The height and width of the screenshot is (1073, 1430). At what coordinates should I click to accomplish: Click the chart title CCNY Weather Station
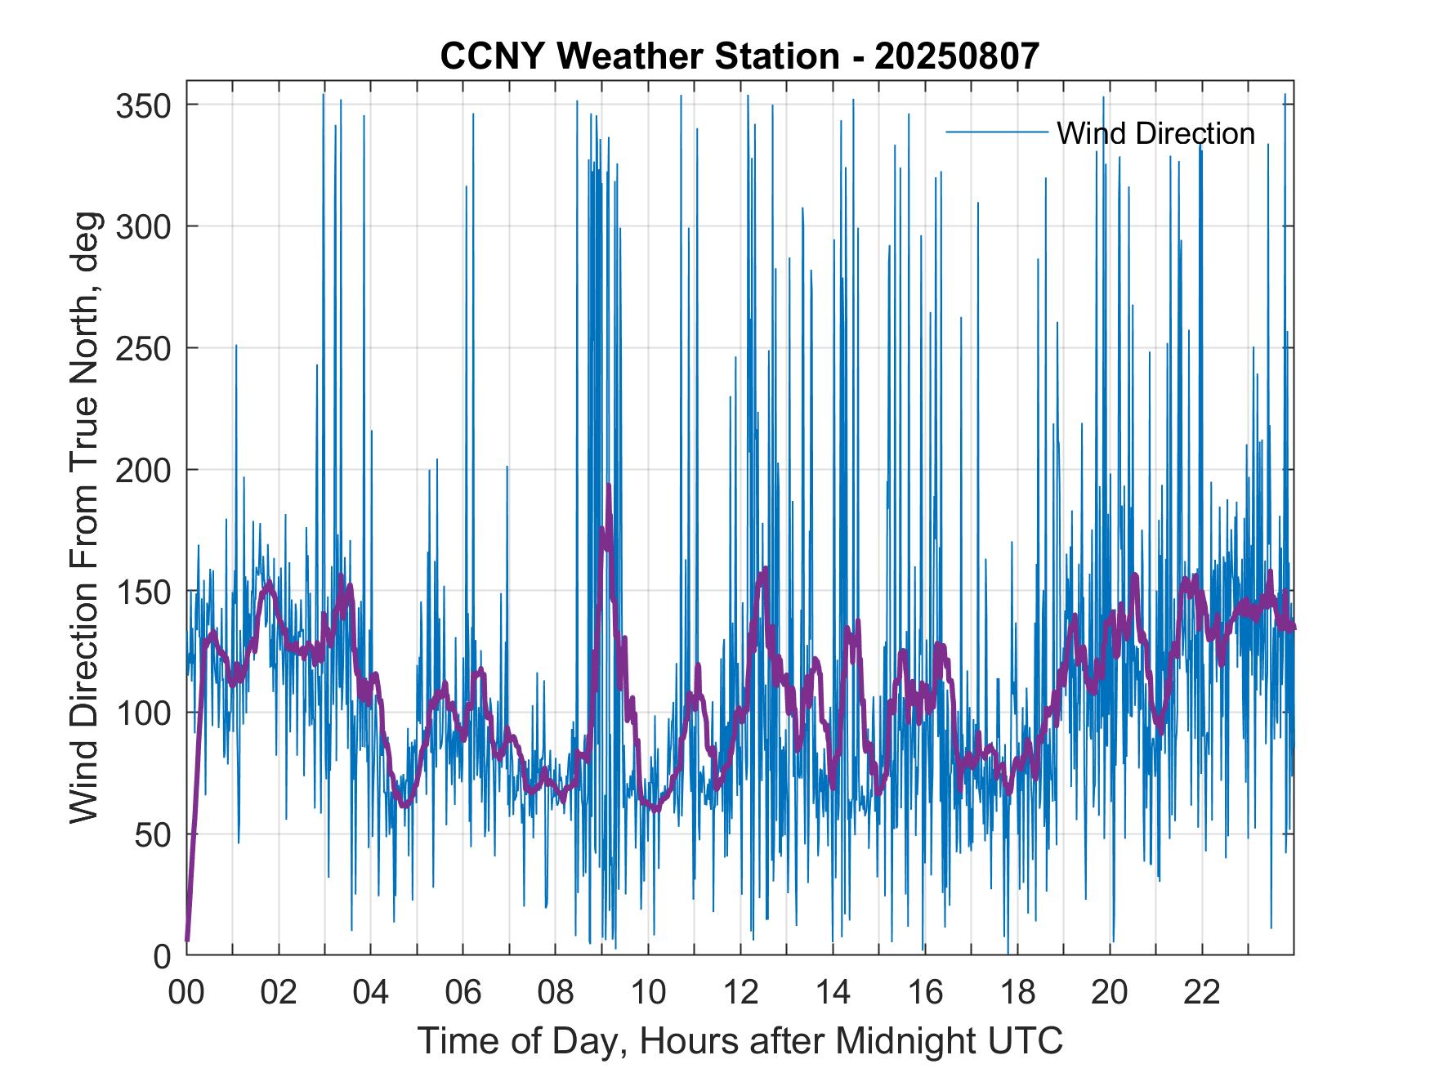pos(739,56)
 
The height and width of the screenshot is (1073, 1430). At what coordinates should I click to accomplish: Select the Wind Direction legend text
pos(1155,133)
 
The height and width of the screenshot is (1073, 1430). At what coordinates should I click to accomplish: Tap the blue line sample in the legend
pos(996,132)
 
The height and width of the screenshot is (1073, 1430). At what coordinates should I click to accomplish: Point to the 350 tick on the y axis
pos(143,105)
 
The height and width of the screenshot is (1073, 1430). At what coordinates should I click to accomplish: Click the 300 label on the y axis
pos(143,226)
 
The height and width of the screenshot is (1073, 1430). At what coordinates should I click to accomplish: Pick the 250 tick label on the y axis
pos(143,348)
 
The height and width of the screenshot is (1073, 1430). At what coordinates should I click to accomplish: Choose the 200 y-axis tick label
pos(143,470)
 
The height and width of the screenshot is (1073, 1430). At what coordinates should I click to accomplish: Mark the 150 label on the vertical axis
pos(143,592)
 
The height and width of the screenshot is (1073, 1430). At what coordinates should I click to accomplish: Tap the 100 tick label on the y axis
pos(143,713)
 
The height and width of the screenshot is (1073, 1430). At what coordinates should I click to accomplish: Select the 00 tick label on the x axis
pos(186,994)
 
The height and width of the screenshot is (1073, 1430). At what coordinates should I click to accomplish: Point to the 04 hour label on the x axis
pos(371,994)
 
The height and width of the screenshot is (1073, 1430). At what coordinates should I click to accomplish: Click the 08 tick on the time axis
pos(556,994)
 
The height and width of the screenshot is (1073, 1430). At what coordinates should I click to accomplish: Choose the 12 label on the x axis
pos(740,994)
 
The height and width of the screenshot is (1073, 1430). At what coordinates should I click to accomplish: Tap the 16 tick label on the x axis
pos(925,994)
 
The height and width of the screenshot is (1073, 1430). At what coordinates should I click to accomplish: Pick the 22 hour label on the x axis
pos(1202,994)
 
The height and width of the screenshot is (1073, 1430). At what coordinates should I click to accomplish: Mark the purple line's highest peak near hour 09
pos(609,485)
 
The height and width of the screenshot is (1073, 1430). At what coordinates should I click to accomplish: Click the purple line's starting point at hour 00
pos(187,940)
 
